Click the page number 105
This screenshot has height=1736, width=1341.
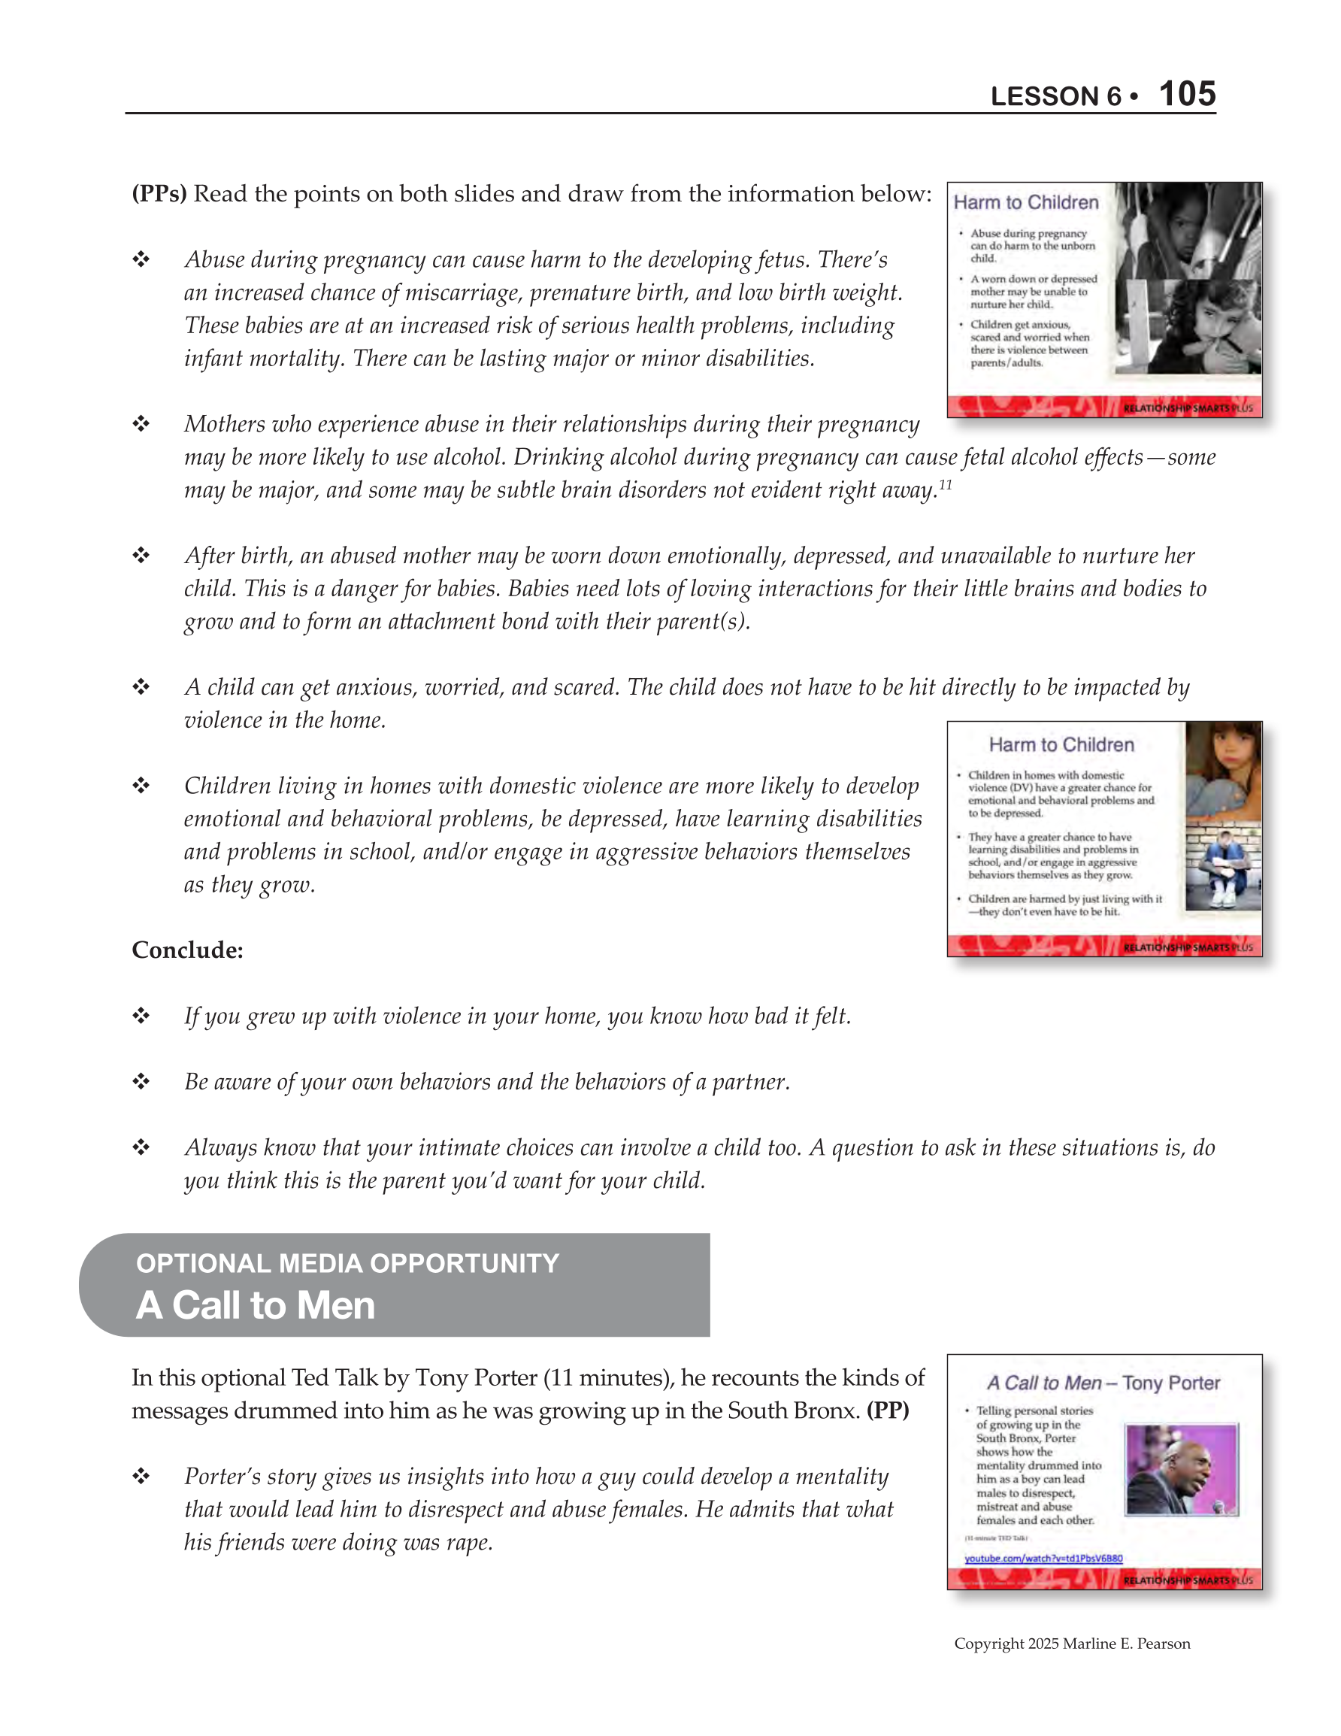pos(1187,94)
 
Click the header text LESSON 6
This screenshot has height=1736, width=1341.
pos(1055,97)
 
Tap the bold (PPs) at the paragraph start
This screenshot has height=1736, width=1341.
pos(159,194)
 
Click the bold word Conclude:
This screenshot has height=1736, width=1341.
pos(188,950)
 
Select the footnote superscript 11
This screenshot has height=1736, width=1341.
pos(945,484)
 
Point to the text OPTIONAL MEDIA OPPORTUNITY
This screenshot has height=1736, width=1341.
pos(347,1263)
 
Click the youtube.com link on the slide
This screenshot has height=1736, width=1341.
pos(1043,1559)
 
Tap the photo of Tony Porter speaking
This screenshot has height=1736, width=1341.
pos(1181,1471)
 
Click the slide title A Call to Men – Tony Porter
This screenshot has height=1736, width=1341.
pos(1103,1383)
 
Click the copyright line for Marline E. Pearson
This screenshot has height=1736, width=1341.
pos(1072,1644)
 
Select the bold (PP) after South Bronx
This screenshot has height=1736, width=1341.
pos(887,1411)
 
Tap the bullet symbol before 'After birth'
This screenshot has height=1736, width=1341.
pos(141,556)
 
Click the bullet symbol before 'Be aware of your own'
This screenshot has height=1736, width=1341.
pos(141,1082)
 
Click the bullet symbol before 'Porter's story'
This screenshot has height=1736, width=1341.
pos(141,1477)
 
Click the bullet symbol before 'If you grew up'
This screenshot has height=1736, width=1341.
pos(141,1016)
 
